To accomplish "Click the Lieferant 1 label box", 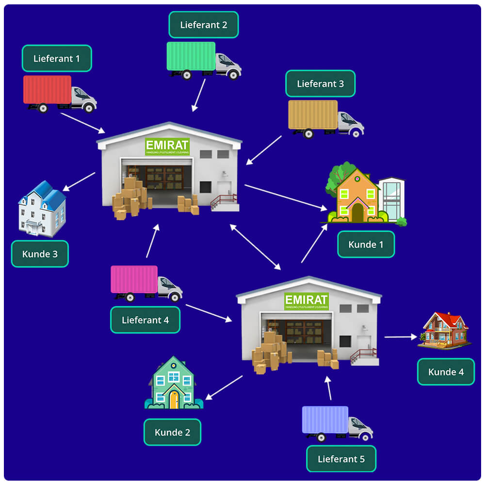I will pos(57,58).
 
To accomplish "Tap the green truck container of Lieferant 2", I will pos(191,56).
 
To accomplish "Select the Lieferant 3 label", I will pos(320,83).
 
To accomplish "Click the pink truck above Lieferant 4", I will pos(145,283).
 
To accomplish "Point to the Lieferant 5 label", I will pos(341,458).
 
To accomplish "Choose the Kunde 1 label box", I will pos(366,244).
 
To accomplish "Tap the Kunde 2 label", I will pos(172,432).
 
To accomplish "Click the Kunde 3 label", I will pos(40,254).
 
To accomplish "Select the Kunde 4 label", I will pos(446,372).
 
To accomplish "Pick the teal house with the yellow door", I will pos(174,384).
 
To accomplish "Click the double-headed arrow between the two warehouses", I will pos(255,247).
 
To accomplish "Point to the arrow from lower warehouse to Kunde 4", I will pos(401,336).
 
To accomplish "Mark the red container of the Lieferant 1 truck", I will pos(48,89).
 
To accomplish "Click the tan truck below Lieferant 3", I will pos(325,118).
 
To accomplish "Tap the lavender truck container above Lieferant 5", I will pos(325,420).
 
